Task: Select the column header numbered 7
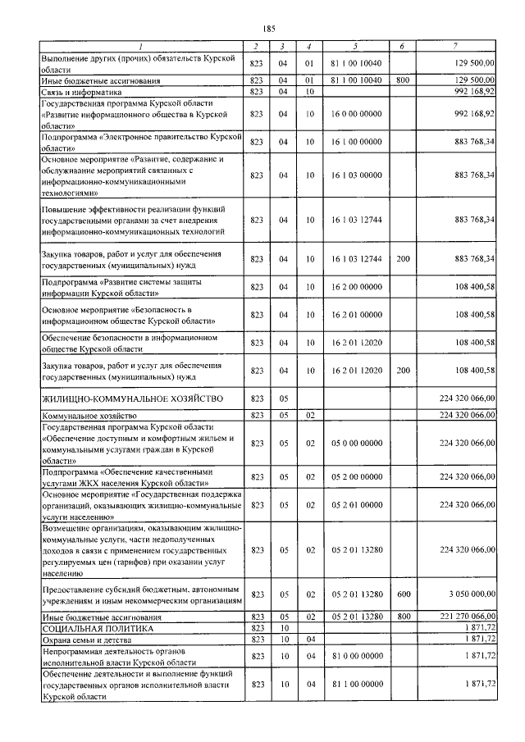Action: pos(454,45)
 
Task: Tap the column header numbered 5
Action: pos(356,45)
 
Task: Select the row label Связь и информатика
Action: pos(81,93)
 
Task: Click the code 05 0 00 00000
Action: pos(356,444)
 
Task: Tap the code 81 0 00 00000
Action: pos(356,656)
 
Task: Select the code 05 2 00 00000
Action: pos(356,477)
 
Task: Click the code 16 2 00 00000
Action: pos(356,287)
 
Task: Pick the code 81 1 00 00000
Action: pos(356,684)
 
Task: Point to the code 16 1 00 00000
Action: pos(356,143)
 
